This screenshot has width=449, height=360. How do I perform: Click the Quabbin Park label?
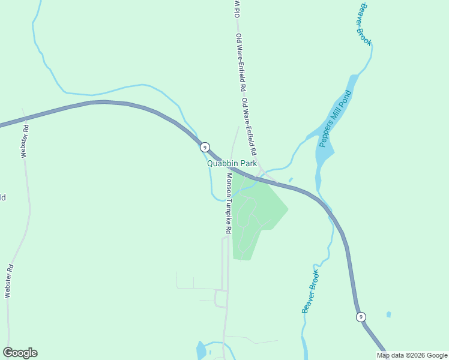232,163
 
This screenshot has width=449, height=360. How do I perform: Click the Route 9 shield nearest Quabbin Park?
205,147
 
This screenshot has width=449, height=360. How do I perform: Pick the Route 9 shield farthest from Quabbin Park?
360,317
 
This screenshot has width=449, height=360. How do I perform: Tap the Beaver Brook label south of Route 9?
310,291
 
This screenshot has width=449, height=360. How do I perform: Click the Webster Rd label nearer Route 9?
25,140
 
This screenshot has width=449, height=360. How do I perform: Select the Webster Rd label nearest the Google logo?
8,281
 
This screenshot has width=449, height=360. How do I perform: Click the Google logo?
20,353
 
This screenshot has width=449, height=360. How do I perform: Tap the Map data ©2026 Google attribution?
412,355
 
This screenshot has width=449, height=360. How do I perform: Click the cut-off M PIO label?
237,8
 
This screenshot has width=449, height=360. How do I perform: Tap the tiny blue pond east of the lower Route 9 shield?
389,314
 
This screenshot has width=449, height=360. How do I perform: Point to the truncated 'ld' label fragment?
3,197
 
